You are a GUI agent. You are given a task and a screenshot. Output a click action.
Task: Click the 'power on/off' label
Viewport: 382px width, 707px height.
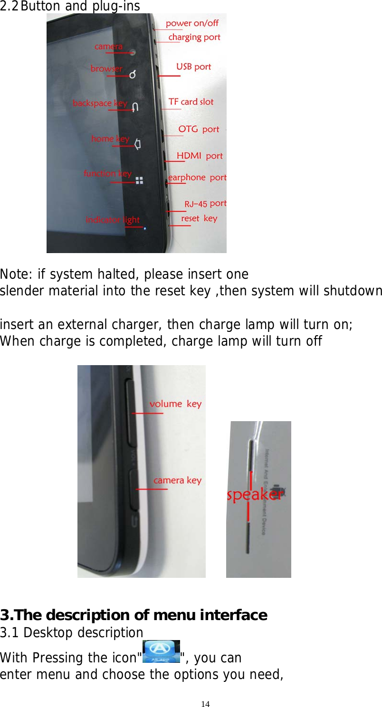coord(192,23)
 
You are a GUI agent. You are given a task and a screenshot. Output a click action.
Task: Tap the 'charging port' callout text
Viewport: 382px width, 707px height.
coord(194,37)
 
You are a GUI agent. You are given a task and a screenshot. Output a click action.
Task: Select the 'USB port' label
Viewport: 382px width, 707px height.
coord(193,66)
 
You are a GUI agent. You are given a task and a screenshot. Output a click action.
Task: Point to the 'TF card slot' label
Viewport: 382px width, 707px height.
coord(191,102)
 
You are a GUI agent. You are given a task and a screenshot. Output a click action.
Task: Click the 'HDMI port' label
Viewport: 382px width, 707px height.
coord(200,156)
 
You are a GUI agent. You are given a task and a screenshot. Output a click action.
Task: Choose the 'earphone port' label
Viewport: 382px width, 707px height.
coord(197,178)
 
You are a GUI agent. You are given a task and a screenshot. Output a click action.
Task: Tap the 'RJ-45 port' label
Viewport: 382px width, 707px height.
coord(205,204)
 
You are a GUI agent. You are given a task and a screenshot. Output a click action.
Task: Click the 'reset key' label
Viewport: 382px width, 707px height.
coord(199,218)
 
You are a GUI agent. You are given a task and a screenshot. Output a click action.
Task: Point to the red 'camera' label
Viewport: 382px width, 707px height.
coord(108,47)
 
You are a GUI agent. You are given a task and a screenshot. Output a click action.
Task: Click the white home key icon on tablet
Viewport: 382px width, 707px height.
coord(137,143)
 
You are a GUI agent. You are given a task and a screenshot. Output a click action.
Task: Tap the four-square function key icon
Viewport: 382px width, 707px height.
coord(139,180)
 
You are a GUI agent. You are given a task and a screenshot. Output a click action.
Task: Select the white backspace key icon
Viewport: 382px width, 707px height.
coord(135,107)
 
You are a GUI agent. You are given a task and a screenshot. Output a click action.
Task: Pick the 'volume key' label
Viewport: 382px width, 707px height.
coord(175,404)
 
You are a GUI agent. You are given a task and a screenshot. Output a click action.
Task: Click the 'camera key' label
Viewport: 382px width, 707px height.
coord(177,481)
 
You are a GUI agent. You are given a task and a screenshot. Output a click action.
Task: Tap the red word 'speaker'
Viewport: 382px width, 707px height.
coord(254,495)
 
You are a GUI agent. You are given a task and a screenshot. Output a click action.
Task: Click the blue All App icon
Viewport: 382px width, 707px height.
coord(161,651)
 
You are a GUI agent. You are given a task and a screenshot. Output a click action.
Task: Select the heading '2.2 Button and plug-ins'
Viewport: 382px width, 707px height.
coord(70,6)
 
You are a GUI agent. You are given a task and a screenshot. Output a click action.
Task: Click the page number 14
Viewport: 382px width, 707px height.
coord(205,704)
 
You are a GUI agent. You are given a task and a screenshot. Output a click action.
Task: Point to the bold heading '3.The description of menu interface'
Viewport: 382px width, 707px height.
coord(134,615)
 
